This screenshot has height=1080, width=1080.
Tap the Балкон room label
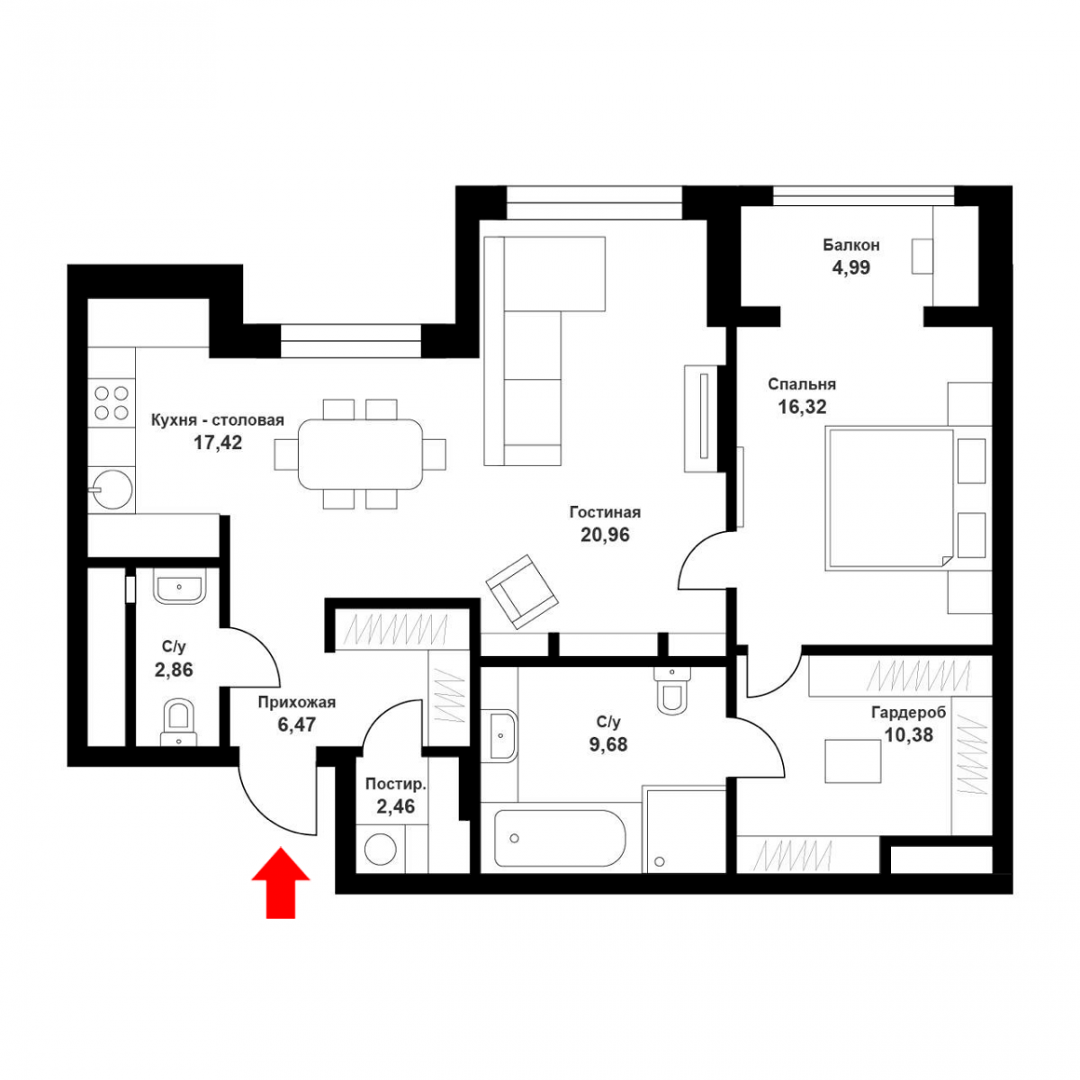coord(850,245)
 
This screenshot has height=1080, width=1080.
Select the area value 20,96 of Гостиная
coord(605,535)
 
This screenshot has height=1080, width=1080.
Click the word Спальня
coord(802,384)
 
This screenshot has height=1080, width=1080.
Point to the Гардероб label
coord(908,712)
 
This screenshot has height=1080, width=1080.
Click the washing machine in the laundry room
coord(381,849)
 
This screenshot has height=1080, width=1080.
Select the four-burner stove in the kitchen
coord(112,402)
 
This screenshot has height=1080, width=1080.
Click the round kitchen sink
coord(112,490)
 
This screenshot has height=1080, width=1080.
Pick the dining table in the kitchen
coord(360,454)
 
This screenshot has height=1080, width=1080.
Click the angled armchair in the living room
coord(522,592)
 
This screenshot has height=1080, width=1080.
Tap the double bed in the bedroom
coord(889,499)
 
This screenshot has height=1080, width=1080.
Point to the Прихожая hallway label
coord(296,702)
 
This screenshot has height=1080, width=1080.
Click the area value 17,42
coord(218,443)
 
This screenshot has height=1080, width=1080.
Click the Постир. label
coord(396,784)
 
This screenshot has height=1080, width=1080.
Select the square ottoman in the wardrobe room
coord(852,760)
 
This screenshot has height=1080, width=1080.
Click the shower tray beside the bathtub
coord(686,830)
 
